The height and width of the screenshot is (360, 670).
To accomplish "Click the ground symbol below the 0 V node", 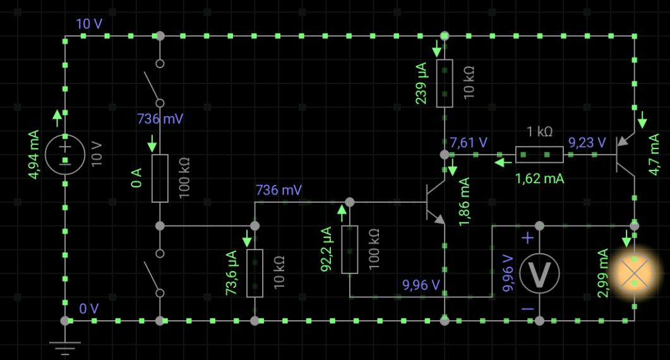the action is coord(65,349).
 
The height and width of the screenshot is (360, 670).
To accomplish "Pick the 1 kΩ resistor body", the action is coord(539,154).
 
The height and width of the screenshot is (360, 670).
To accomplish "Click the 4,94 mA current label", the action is coord(33,154).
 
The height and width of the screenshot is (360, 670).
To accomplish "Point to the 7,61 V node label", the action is coord(469,142).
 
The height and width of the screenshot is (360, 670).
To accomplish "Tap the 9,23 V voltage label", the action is coord(587,142).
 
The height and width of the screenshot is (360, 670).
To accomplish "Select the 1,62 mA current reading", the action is coord(540,178).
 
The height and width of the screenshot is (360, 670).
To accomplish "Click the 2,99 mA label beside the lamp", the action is coord(602,273).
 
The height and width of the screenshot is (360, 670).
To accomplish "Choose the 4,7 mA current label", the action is coord(654,154).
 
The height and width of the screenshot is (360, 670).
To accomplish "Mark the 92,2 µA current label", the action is coord(326,249).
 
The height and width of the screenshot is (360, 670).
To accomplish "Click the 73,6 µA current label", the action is coord(231,273).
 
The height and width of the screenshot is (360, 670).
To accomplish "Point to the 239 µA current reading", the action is coord(421,83).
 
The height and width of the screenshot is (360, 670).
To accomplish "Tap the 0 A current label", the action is coord(136,178).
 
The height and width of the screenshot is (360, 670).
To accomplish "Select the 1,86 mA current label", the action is coord(464,202).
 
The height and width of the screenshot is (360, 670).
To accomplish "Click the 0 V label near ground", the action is coord(89,309).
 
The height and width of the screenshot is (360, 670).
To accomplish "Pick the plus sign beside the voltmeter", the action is coord(528,237).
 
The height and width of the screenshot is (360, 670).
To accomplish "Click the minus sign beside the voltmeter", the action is coord(528,309).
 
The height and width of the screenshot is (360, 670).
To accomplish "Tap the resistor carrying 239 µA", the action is coord(445,83).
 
